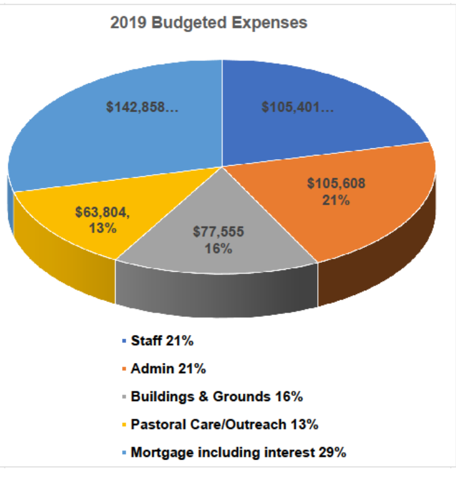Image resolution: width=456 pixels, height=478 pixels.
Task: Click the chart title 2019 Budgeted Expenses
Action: click(x=209, y=23)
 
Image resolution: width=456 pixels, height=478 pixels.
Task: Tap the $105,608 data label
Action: click(x=336, y=183)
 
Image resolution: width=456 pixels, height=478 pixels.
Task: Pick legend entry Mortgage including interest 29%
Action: click(x=238, y=452)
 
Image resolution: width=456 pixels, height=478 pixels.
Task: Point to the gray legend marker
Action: click(x=123, y=397)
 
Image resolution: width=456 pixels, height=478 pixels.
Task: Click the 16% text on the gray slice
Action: click(x=218, y=249)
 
